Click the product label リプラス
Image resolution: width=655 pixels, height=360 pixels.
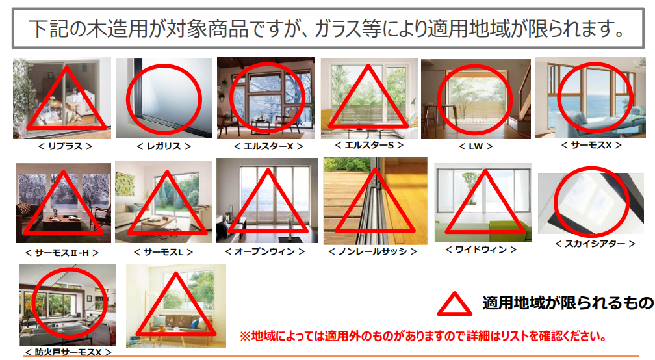[x=65, y=146]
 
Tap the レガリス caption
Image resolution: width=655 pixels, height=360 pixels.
[x=164, y=146]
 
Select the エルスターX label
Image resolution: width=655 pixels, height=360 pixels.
[x=268, y=146]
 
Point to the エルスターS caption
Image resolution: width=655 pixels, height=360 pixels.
[x=369, y=145]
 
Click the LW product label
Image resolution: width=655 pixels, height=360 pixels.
[x=476, y=146]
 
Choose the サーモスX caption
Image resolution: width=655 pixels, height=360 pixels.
[x=591, y=145]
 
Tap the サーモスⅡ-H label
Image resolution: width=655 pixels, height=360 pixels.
[x=62, y=253]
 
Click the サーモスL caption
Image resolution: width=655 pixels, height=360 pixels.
[x=164, y=252]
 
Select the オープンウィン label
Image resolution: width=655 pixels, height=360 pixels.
[x=265, y=251]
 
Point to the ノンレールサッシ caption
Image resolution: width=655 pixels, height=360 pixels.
[x=373, y=251]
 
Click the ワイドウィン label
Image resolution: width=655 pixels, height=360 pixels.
[x=482, y=250]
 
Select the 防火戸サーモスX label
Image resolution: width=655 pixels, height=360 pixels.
[x=68, y=352]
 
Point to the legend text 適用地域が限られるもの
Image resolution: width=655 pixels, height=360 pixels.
[x=568, y=303]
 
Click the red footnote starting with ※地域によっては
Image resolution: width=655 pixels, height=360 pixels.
[x=423, y=336]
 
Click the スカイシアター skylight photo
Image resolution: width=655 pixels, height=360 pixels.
[x=591, y=203]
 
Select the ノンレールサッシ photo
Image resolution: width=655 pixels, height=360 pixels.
[x=376, y=201]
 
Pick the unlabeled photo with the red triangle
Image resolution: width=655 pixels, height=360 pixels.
[x=176, y=305]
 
